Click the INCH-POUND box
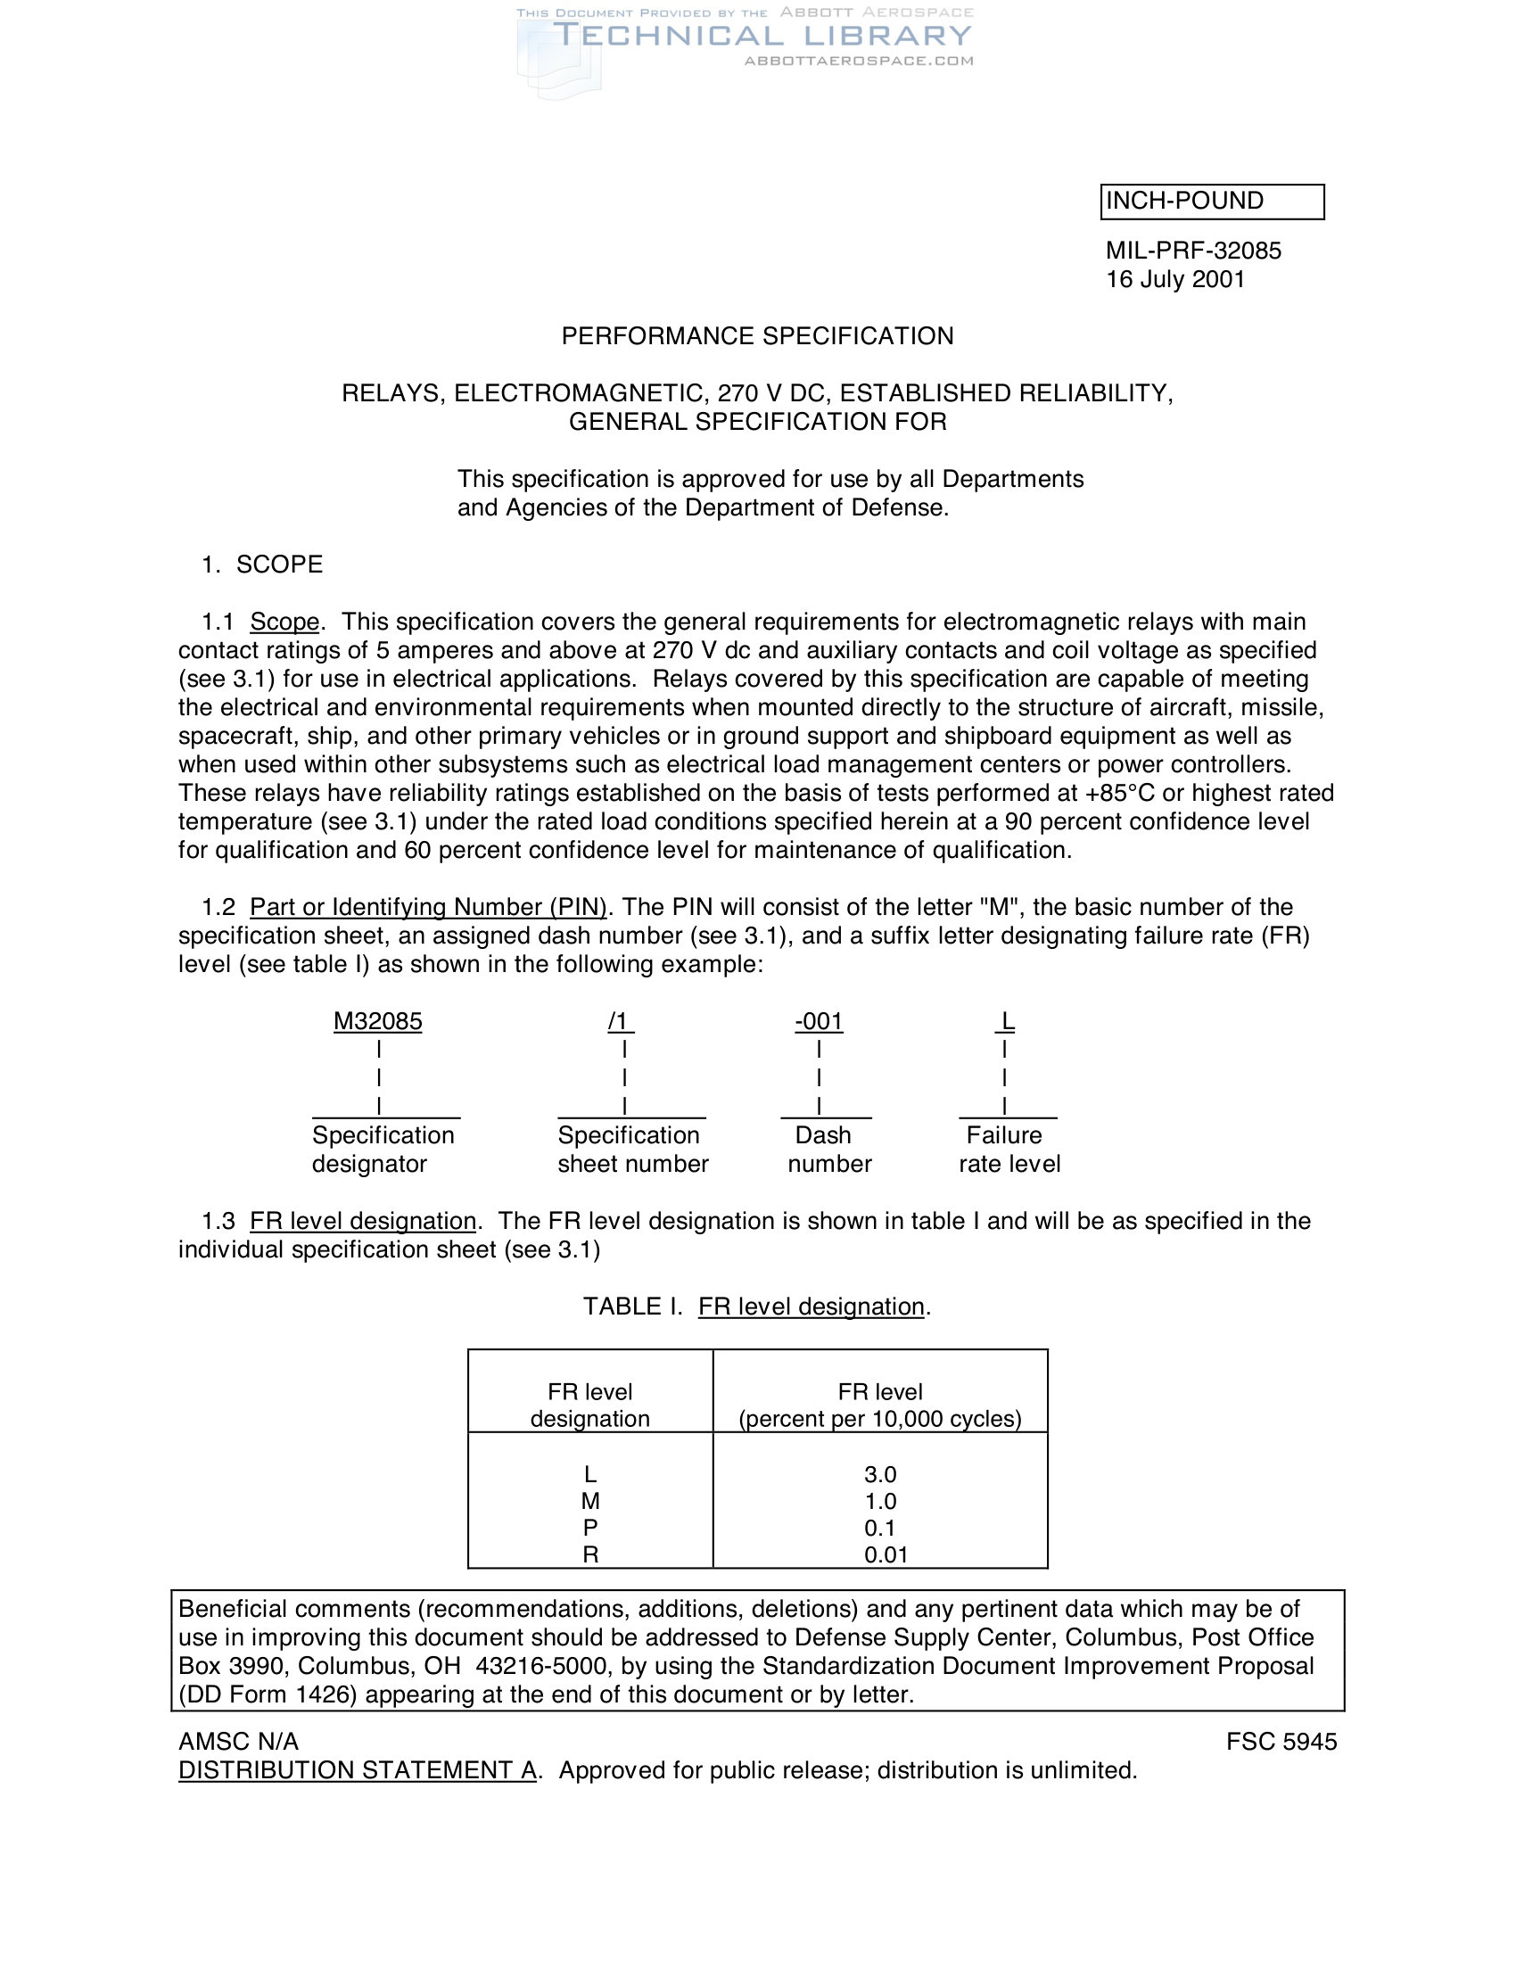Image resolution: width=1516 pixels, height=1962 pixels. click(1212, 202)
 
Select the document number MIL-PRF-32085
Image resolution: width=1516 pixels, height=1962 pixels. click(1193, 251)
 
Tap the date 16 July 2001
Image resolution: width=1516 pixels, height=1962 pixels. click(1175, 279)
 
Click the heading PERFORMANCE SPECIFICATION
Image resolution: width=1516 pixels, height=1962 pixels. click(757, 336)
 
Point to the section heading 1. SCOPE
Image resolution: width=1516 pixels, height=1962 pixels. click(261, 565)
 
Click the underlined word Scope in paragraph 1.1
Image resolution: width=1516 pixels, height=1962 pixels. click(284, 622)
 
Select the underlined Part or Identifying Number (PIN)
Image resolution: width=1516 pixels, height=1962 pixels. click(428, 907)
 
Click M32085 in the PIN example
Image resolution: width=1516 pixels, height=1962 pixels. click(377, 1021)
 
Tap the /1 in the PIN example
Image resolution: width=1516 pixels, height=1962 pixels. click(620, 1021)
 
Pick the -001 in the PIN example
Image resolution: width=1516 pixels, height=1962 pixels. click(818, 1021)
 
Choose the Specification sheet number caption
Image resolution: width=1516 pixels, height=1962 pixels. click(632, 1150)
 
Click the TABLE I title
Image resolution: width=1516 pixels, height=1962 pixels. click(757, 1307)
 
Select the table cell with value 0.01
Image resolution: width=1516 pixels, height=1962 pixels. click(886, 1555)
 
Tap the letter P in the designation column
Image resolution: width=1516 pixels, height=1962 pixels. click(590, 1528)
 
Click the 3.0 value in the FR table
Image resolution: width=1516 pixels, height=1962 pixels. click(880, 1474)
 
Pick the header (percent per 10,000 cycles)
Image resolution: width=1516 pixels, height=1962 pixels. click(880, 1419)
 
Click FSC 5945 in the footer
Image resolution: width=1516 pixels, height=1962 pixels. click(1281, 1742)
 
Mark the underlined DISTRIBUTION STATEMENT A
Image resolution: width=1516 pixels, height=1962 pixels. click(358, 1770)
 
